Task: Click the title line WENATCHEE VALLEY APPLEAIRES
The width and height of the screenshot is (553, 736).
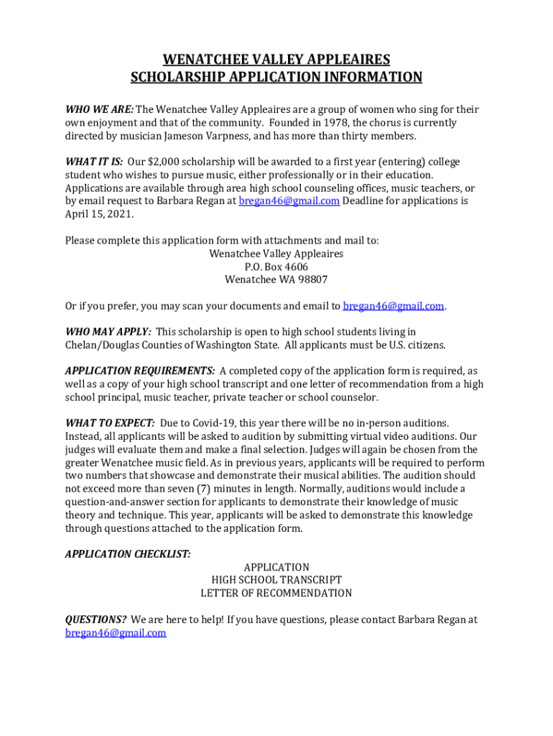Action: (276, 59)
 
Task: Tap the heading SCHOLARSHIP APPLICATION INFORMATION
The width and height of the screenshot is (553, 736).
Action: (276, 77)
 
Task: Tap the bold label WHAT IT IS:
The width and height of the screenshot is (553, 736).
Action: (94, 162)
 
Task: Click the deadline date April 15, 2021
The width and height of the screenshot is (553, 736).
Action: (98, 214)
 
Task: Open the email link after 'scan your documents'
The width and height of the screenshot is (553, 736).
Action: (394, 306)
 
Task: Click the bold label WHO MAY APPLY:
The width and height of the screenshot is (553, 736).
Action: (108, 332)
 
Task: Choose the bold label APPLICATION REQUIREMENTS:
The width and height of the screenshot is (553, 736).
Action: (140, 371)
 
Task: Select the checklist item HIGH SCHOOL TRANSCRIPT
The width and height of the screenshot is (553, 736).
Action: (276, 580)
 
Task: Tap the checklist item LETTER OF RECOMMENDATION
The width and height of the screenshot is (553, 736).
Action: (276, 593)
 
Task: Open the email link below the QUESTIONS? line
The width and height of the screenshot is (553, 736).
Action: (116, 632)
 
